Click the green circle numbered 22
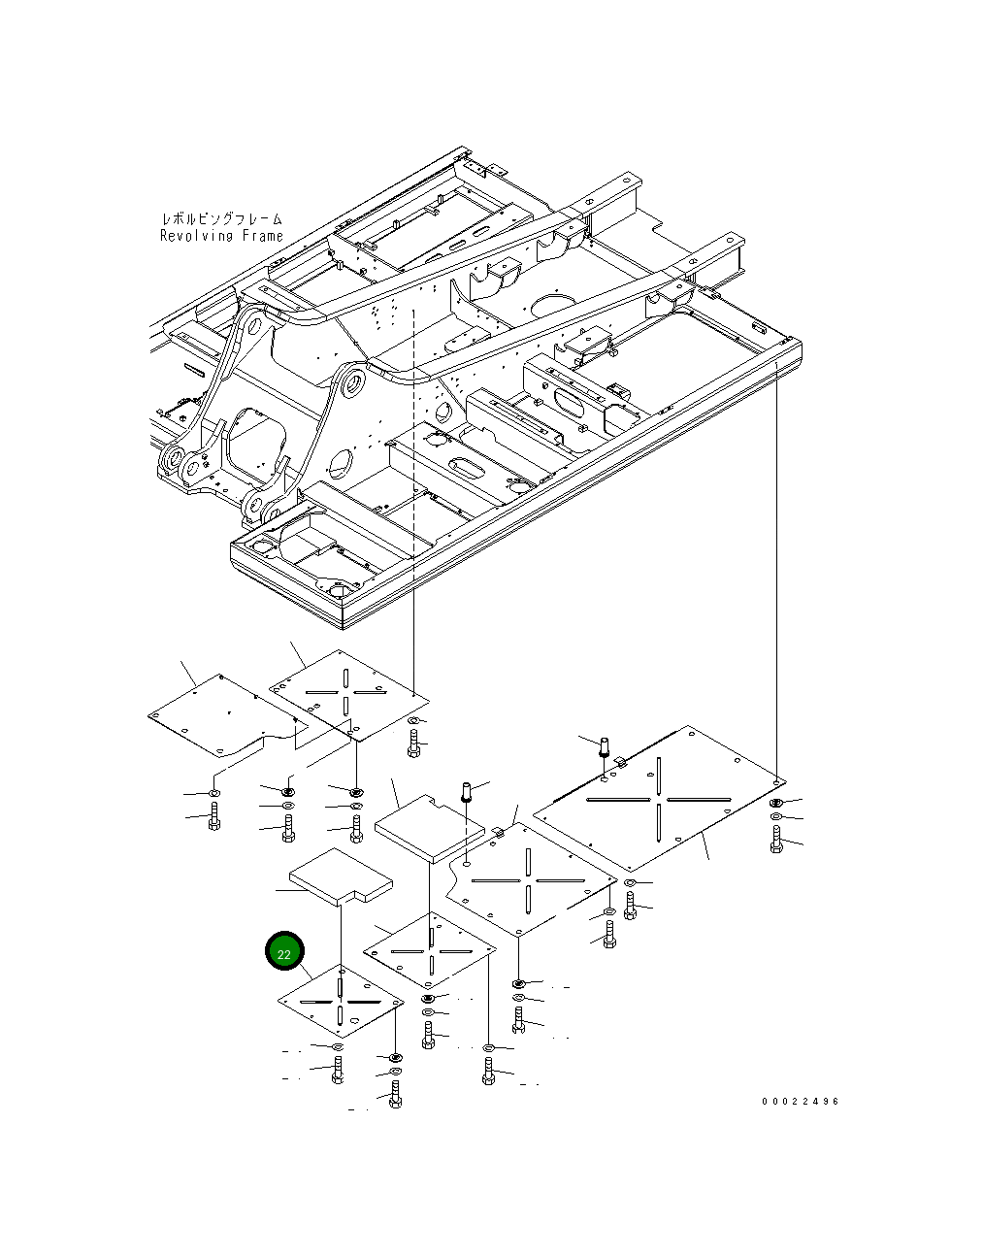click(284, 953)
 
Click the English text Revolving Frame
click(221, 236)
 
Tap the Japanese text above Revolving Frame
click(221, 219)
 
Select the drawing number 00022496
click(800, 1102)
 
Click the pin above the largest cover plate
click(604, 747)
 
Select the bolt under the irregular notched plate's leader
click(214, 816)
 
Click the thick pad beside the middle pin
click(427, 828)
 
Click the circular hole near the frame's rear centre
click(552, 305)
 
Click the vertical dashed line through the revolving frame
click(414, 437)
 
